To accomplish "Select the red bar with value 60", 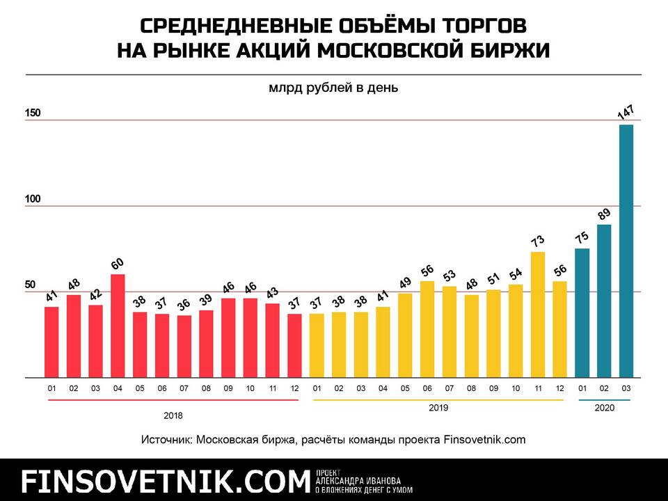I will tap(118, 326).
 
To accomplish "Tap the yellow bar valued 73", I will tap(537, 315).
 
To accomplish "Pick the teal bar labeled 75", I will tap(582, 313).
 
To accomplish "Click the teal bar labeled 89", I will tap(604, 301).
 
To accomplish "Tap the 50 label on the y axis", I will tap(31, 285).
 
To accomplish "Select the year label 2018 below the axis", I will tap(173, 416).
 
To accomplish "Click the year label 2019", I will tap(438, 408).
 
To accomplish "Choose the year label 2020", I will tap(604, 408).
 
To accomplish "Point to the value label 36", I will tap(184, 304).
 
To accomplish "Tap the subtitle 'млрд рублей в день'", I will tap(333, 88).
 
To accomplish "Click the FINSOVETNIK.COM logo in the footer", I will tap(164, 481).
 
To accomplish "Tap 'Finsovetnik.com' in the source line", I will tap(484, 440).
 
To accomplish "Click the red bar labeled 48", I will tap(73, 336).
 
